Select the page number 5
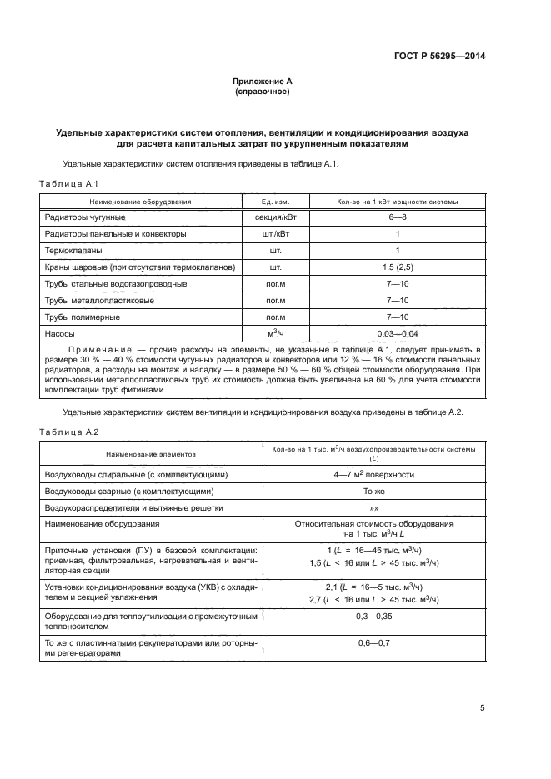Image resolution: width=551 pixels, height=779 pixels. pos(482,708)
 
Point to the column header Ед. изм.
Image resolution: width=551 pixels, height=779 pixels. pos(274,201)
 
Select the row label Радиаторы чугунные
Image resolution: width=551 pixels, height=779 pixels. pos(84,217)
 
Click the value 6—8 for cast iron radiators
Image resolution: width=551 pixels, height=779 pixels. pos(397,217)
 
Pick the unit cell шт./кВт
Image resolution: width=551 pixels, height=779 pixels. pos(274,233)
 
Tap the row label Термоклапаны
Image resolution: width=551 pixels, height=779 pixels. pos(73,250)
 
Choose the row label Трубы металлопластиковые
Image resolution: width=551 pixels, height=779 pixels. pos(98,300)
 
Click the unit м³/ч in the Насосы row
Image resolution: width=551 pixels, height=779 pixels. pos(274,333)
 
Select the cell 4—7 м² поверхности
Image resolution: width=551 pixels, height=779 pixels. pos(373,474)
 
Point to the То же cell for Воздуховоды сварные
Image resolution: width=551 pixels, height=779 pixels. pos(373,491)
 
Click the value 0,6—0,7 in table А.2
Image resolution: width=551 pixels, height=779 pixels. pos(373,642)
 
